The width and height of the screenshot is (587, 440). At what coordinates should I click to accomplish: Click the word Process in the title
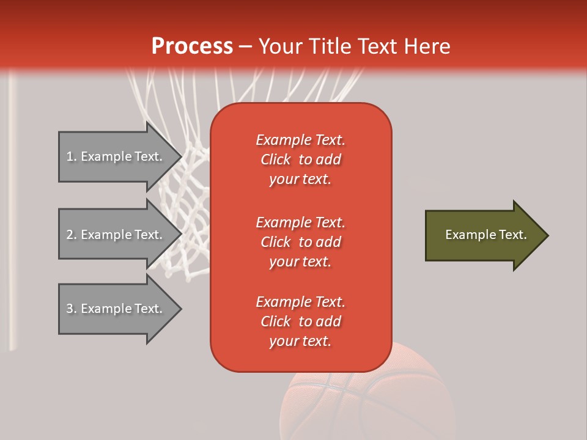click(192, 46)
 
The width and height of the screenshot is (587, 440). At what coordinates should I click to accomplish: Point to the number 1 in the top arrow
click(70, 156)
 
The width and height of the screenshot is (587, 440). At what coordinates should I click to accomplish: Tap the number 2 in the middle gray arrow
click(70, 235)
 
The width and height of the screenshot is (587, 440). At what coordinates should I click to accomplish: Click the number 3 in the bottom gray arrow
click(70, 309)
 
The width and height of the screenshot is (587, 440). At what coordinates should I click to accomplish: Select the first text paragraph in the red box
click(300, 159)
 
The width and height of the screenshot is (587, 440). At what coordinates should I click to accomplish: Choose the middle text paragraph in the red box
click(300, 242)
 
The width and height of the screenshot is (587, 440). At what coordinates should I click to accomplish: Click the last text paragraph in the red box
click(300, 321)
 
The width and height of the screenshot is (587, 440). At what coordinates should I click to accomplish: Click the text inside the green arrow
click(485, 235)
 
